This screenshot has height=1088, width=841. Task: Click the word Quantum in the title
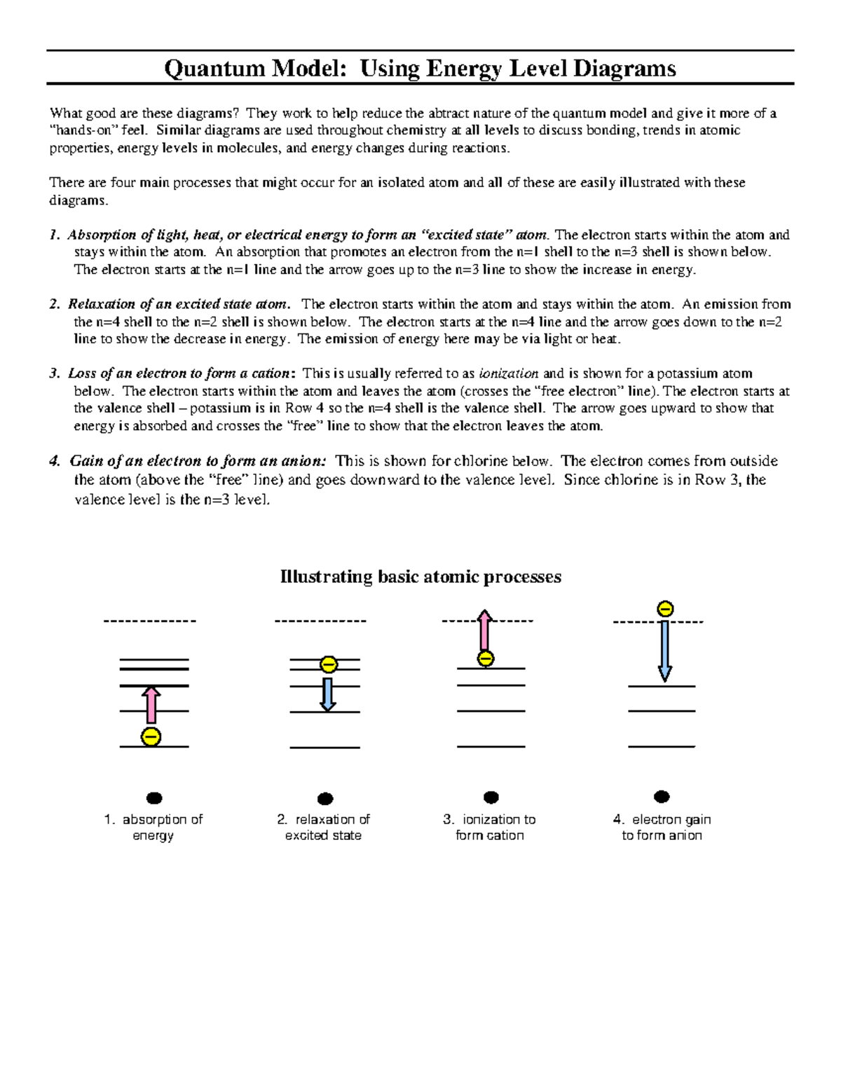214,69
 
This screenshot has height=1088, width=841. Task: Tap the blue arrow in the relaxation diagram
327,694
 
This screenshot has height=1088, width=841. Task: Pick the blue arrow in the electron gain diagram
664,651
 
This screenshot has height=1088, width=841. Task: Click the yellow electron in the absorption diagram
151,736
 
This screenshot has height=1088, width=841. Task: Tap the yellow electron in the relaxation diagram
328,664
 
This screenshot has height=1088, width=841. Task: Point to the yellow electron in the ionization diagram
485,659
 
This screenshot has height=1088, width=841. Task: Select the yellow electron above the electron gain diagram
664,609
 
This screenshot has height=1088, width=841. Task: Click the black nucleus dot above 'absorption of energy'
154,798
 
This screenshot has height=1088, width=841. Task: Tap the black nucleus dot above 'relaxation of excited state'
325,799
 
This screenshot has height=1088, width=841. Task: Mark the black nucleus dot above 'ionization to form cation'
491,797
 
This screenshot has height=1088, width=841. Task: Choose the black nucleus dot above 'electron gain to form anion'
662,797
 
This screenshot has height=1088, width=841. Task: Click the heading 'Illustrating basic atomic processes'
420,577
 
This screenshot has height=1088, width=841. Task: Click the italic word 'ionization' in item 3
509,373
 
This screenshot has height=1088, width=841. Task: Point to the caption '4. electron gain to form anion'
662,827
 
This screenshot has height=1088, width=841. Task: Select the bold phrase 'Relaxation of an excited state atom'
178,304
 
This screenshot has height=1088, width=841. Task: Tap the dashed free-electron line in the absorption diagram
150,621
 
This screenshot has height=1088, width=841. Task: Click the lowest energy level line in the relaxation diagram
324,748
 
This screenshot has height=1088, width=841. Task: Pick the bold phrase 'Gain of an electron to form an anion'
198,461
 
